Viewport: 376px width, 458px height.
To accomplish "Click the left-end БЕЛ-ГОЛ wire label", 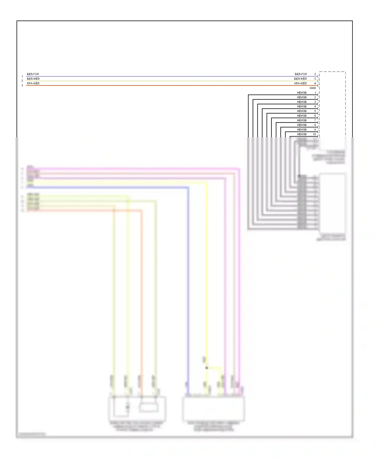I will pyautogui.click(x=33, y=74).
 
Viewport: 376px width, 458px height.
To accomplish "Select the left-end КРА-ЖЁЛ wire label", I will pyautogui.click(x=33, y=83).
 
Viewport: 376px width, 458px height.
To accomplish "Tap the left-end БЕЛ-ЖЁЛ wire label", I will pyautogui.click(x=33, y=79).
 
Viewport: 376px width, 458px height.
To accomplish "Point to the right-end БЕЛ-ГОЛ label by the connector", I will pyautogui.click(x=301, y=74).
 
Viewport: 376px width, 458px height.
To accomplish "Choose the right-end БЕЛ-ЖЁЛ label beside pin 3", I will pyautogui.click(x=300, y=79).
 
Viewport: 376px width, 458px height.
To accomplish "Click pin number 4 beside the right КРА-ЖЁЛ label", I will pyautogui.click(x=315, y=83).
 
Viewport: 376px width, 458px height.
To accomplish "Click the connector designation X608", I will pyautogui.click(x=313, y=88).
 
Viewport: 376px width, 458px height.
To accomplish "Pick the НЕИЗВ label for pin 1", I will pyautogui.click(x=302, y=93).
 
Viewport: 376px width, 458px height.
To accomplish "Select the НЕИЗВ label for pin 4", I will pyautogui.click(x=302, y=106).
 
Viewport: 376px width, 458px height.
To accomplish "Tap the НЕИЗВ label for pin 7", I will pyautogui.click(x=302, y=120).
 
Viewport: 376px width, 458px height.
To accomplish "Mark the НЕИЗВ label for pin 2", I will pyautogui.click(x=302, y=97).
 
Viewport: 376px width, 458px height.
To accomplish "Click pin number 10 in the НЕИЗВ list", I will pyautogui.click(x=314, y=134).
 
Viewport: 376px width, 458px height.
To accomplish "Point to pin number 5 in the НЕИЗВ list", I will pyautogui.click(x=315, y=111).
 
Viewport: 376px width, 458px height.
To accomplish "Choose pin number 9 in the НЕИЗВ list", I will pyautogui.click(x=315, y=130).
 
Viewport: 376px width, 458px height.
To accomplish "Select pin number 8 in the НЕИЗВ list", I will pyautogui.click(x=315, y=125).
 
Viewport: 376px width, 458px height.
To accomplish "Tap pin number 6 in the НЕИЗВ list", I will pyautogui.click(x=315, y=116).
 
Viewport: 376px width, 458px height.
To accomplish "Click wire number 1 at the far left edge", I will pyautogui.click(x=22, y=77).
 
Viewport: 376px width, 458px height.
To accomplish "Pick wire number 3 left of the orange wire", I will pyautogui.click(x=22, y=85).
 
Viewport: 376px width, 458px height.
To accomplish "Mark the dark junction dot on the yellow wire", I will pyautogui.click(x=207, y=368).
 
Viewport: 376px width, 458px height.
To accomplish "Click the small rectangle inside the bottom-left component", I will pyautogui.click(x=149, y=408).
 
